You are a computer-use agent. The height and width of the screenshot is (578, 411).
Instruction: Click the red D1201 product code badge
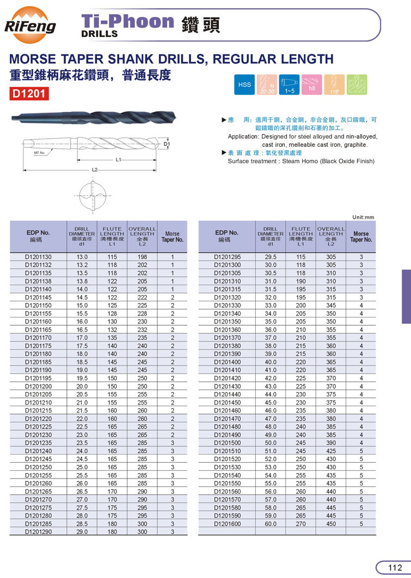[x=30, y=93]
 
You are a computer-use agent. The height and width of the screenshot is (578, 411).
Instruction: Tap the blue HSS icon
[x=244, y=85]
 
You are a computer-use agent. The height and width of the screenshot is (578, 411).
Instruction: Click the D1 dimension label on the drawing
[x=167, y=144]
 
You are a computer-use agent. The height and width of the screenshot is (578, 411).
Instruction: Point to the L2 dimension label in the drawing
[x=94, y=170]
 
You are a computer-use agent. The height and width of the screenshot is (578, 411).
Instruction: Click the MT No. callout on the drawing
[x=39, y=153]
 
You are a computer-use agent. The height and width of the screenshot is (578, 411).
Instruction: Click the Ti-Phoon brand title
[x=127, y=22]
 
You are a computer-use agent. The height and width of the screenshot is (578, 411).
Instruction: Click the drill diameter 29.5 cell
[x=271, y=257]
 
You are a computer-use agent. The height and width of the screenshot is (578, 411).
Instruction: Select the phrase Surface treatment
[x=250, y=161]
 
